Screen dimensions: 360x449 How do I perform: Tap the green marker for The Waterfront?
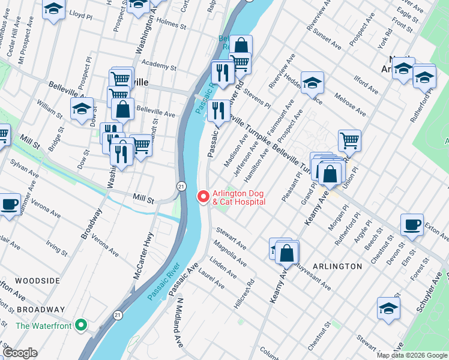click(82, 326)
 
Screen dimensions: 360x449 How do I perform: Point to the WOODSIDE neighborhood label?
click(37, 281)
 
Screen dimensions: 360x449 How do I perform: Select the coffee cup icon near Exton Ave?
click(412, 225)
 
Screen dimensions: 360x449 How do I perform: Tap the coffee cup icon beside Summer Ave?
click(9, 204)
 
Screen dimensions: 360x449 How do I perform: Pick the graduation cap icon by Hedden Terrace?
click(312, 83)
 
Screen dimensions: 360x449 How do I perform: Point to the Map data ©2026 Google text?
click(412, 355)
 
